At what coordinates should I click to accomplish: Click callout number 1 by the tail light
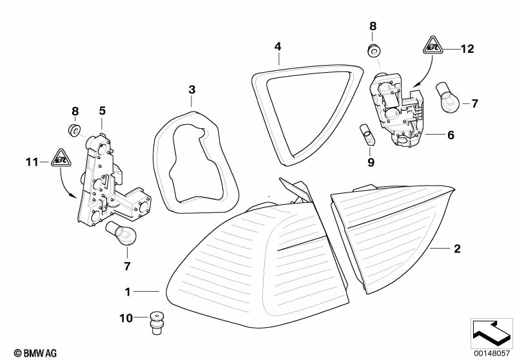[128, 292]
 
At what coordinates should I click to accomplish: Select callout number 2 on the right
[457, 248]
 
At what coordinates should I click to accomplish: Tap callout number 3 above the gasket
[191, 88]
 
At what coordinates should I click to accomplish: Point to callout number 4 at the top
[278, 46]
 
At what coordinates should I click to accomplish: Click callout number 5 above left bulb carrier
[102, 111]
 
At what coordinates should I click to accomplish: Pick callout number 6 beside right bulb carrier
[451, 135]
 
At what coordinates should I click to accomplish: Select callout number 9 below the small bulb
[371, 162]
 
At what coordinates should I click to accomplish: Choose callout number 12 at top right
[467, 48]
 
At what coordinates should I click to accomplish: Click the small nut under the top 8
[373, 50]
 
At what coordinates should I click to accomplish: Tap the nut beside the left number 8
[75, 131]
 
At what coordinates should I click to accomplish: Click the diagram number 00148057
[492, 352]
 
